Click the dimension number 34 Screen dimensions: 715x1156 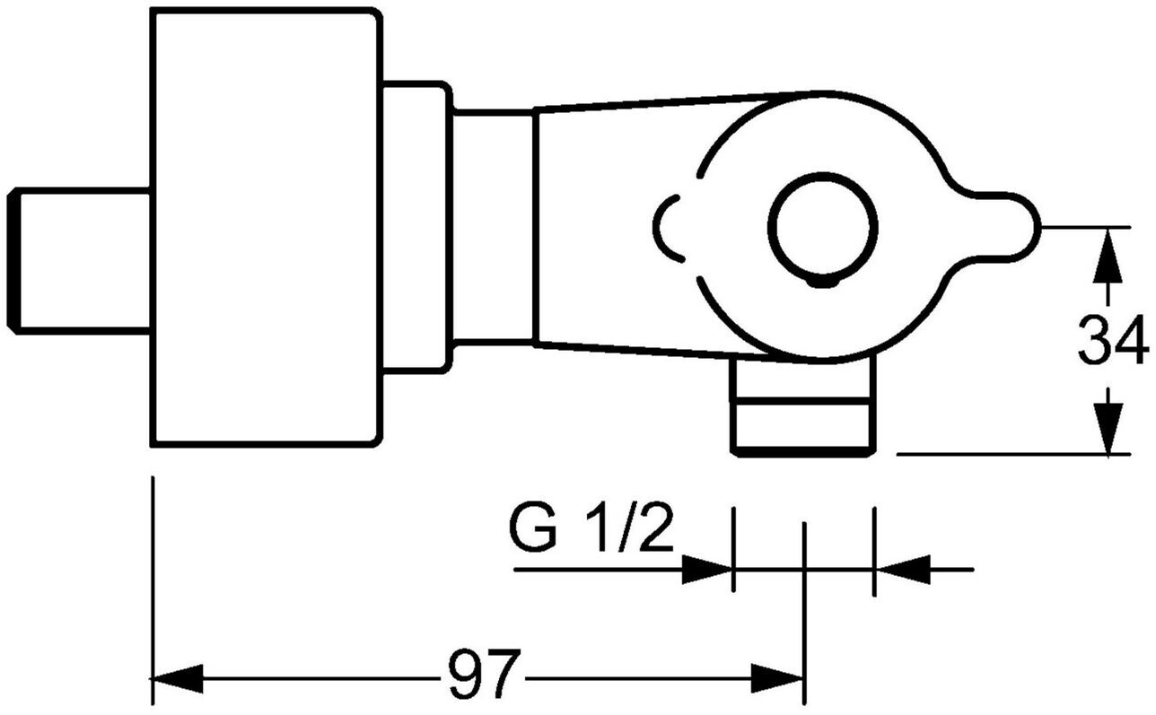pyautogui.click(x=1113, y=340)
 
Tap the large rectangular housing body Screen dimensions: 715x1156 pyautogui.click(x=266, y=227)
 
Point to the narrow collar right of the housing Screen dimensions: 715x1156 pyautogui.click(x=415, y=226)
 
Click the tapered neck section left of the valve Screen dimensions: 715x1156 pyautogui.click(x=610, y=226)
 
